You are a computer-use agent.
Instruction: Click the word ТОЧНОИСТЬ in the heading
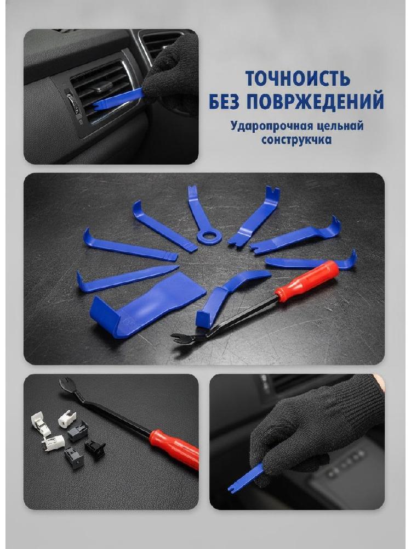[298, 79]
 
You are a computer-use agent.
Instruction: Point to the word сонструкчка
[296, 139]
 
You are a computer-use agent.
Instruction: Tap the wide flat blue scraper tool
[147, 305]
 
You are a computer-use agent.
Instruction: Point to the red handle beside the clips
[175, 449]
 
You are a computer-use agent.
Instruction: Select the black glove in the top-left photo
[171, 75]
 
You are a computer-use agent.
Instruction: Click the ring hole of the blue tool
[209, 236]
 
